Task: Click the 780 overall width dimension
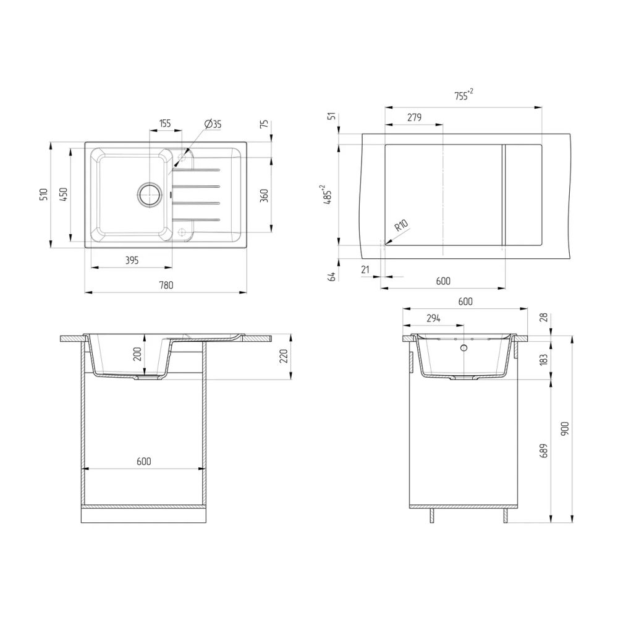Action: point(165,285)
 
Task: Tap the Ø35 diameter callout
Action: point(212,124)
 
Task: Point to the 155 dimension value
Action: point(165,124)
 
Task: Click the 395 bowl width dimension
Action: point(132,261)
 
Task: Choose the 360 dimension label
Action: point(263,196)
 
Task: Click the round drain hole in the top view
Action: point(148,194)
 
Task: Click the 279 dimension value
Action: point(413,117)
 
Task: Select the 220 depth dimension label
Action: point(284,357)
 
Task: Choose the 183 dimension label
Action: point(543,360)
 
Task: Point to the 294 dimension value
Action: point(433,318)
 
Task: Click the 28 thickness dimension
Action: point(543,317)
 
